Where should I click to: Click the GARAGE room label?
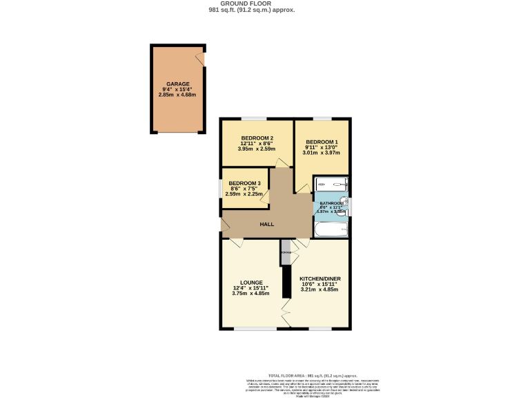(177, 84)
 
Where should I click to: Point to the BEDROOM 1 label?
(322, 142)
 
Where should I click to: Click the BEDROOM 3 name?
(245, 183)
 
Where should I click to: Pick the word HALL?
(266, 225)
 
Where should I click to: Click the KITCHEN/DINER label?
(320, 278)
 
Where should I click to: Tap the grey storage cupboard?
(286, 252)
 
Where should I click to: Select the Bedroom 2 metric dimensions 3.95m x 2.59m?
(256, 149)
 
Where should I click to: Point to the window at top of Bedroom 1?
(322, 119)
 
